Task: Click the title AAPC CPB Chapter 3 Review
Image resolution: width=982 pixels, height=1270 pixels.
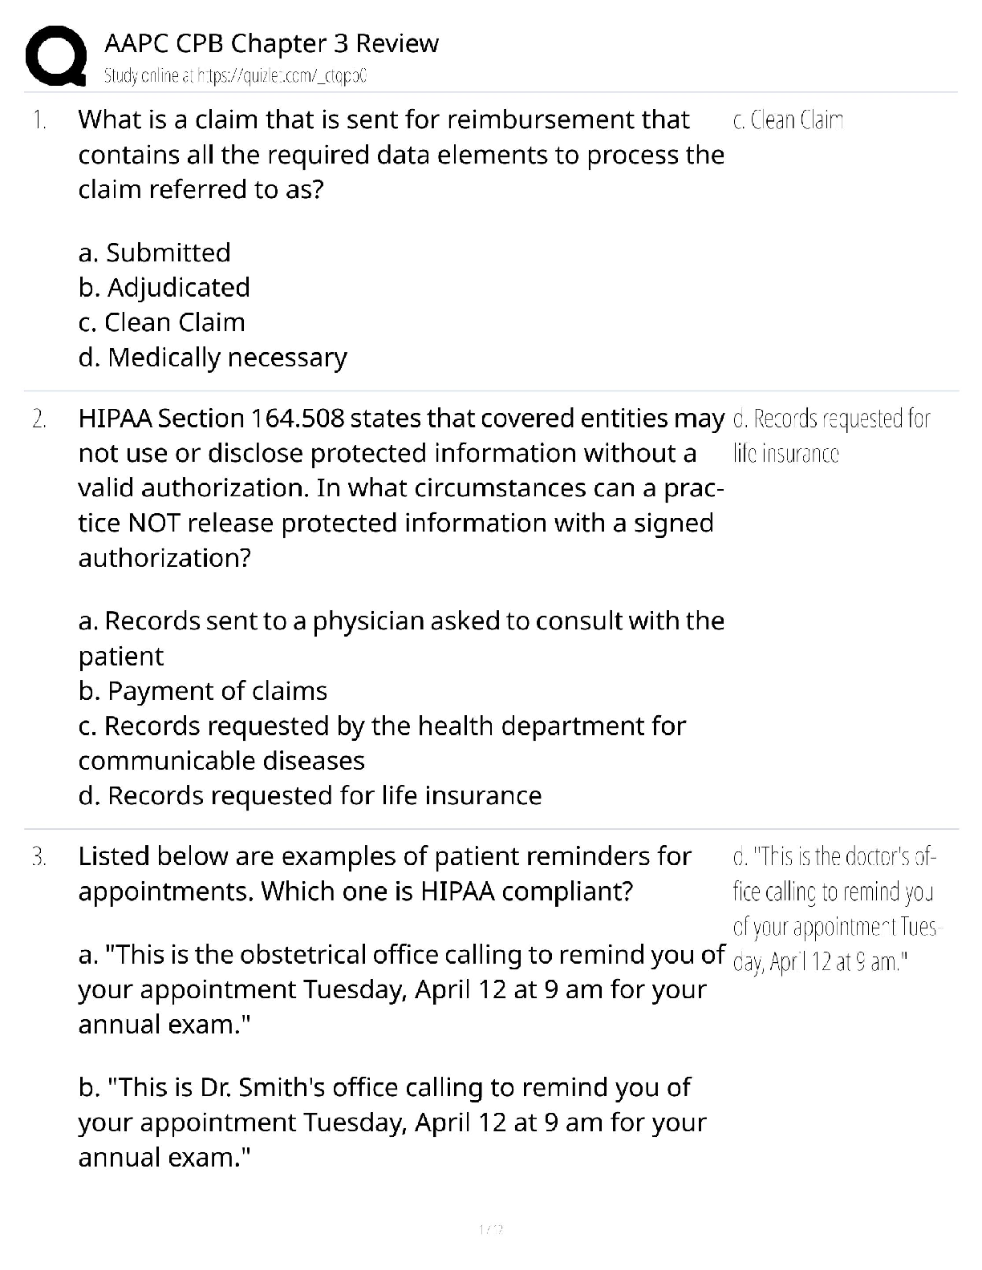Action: [271, 43]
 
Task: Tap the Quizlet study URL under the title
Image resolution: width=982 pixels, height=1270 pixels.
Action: [235, 76]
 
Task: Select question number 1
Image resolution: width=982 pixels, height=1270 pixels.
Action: [39, 120]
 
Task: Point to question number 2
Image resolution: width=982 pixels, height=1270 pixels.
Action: [39, 419]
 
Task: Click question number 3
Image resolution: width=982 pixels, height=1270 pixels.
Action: [39, 856]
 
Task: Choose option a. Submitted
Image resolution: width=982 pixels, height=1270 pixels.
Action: [155, 253]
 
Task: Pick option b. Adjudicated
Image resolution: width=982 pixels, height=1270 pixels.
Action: [164, 287]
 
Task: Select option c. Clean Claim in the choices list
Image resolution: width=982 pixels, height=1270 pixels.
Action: [162, 322]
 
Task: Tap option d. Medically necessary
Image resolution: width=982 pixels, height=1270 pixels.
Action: [213, 358]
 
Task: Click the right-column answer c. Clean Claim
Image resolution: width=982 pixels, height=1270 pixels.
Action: [788, 120]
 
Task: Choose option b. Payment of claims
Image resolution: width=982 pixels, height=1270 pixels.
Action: [203, 691]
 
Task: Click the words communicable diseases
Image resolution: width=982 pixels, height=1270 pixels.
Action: [221, 761]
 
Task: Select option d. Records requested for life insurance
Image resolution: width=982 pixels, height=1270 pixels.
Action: [310, 795]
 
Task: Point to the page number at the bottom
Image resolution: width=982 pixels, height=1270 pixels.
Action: [490, 1228]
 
